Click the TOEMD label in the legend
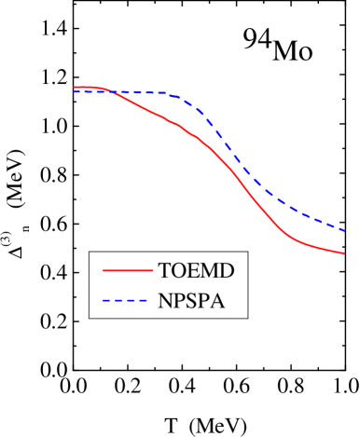click(x=196, y=271)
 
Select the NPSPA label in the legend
click(x=191, y=301)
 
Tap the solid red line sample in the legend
click(x=127, y=271)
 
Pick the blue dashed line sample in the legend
click(x=127, y=301)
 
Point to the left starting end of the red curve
click(x=74, y=88)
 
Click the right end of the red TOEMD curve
click(x=345, y=253)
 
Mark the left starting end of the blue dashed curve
click(x=74, y=91)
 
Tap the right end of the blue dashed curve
click(x=345, y=230)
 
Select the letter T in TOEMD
click(x=165, y=271)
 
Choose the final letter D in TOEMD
click(x=226, y=271)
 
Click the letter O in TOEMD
click(x=179, y=271)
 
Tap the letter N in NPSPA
click(x=166, y=301)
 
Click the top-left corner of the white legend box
click(x=90, y=252)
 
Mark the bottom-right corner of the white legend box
click(x=247, y=317)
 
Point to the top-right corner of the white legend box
click(x=247, y=252)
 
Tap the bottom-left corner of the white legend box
click(x=90, y=317)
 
